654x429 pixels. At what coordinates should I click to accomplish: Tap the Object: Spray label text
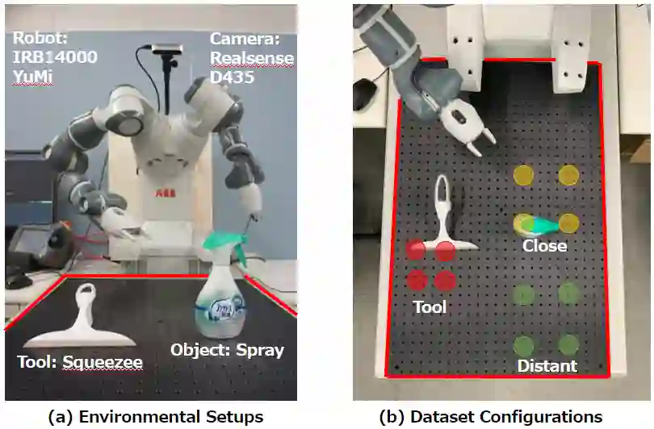[x=227, y=350]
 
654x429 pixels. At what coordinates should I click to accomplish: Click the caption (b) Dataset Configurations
[x=491, y=416]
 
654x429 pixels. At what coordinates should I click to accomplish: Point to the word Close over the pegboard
[x=544, y=245]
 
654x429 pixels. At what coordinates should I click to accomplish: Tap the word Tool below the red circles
[x=430, y=306]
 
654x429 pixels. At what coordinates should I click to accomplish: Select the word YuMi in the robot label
[x=33, y=78]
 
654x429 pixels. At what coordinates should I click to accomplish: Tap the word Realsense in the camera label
[x=252, y=58]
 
